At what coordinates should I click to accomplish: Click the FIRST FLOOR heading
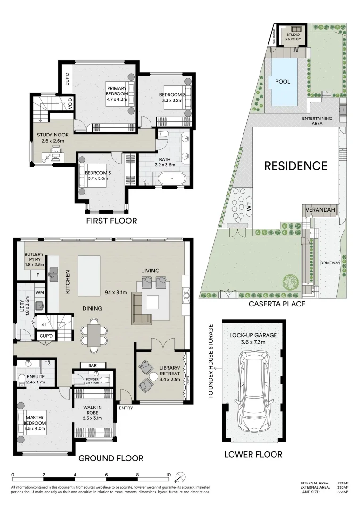tap(111, 221)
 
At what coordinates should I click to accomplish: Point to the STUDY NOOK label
tap(52, 135)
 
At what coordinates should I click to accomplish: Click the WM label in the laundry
tap(40, 293)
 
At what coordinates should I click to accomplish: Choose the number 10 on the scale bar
tap(168, 475)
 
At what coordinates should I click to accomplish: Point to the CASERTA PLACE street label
tap(277, 304)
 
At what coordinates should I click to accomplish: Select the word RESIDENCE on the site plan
tap(295, 166)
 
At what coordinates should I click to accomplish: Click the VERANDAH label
tap(320, 209)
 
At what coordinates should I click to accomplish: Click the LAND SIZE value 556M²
tap(343, 492)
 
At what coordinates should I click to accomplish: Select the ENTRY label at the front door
tap(126, 408)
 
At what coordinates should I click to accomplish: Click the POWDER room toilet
tap(106, 379)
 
